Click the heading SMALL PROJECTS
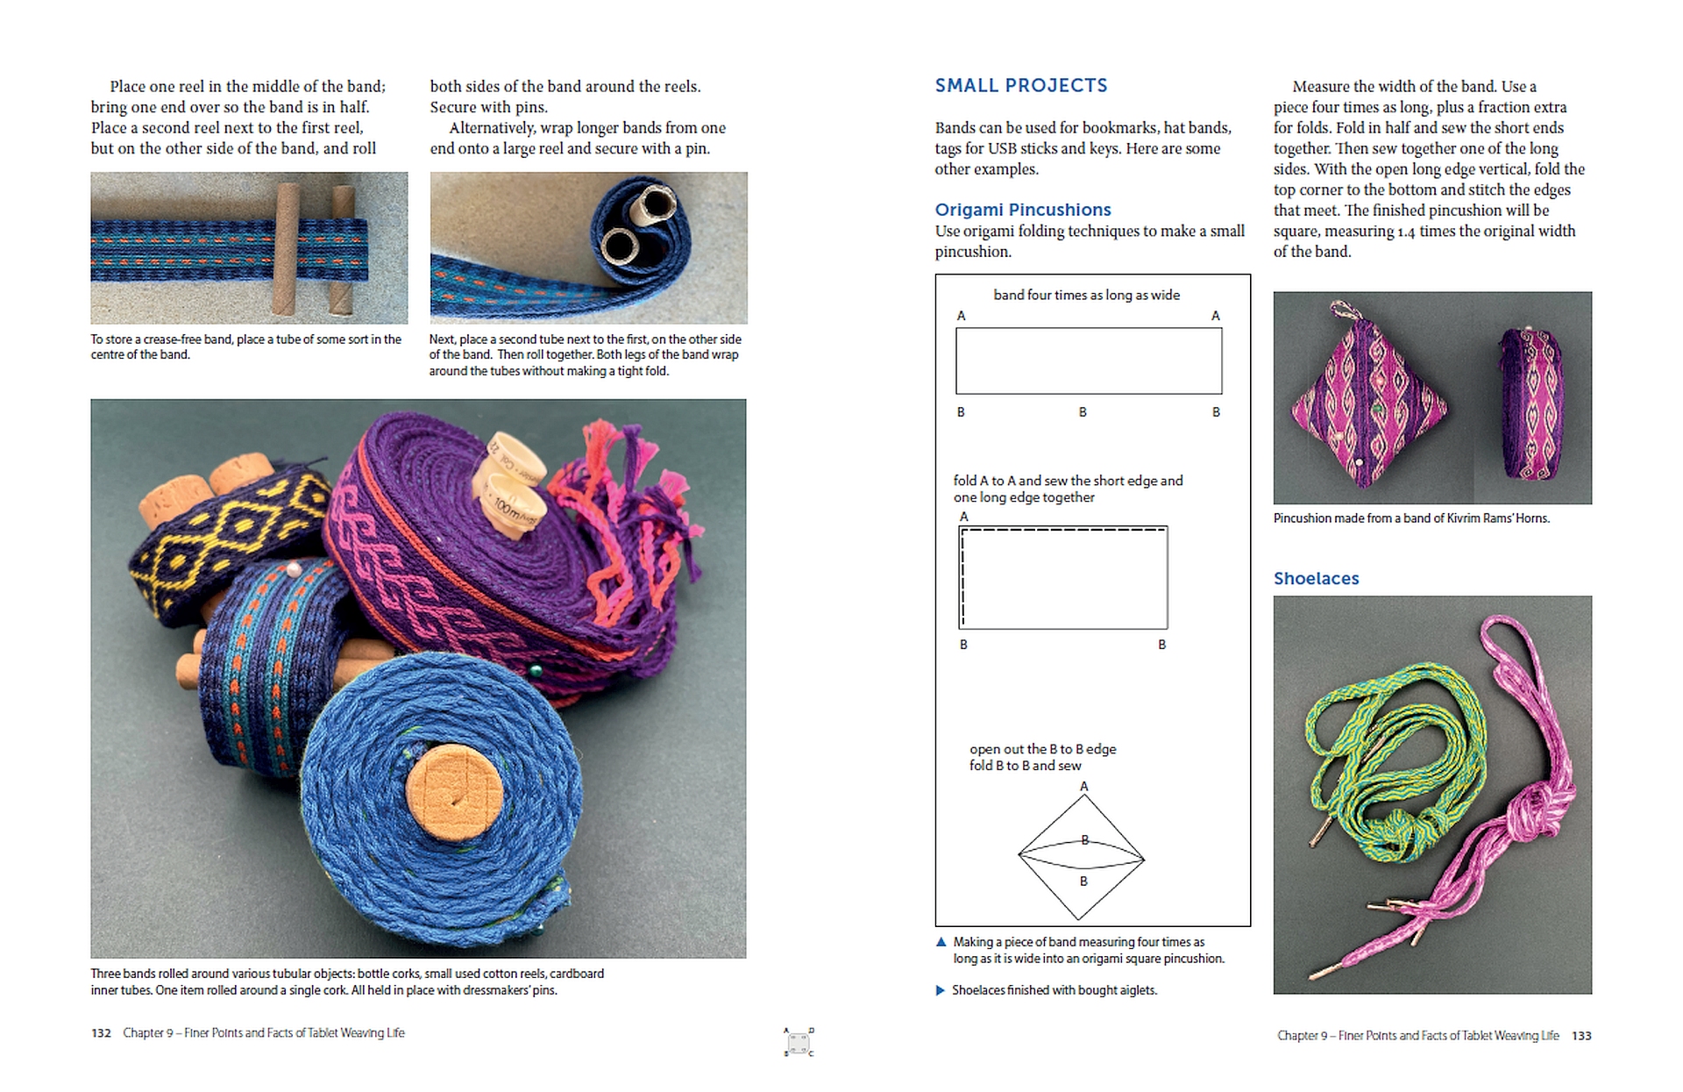pos(1021,85)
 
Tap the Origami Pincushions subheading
pos(1023,210)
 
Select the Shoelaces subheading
pos(1317,578)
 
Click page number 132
pos(101,1033)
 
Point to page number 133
pos(1581,1036)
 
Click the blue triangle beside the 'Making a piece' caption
pos(941,942)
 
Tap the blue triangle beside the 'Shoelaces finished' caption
pos(941,990)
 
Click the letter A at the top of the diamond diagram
pos(1084,787)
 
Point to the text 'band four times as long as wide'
pos(1087,295)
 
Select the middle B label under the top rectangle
pos(1083,411)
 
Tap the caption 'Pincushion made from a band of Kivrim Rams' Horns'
pos(1411,518)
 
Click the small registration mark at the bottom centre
pos(799,1042)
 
